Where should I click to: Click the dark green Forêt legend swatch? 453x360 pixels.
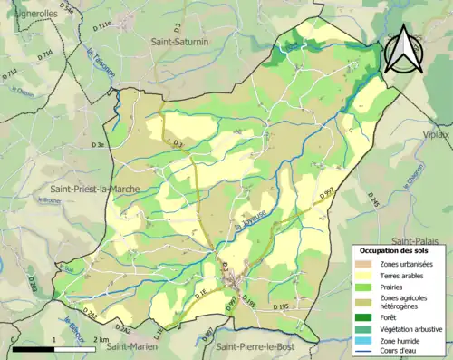pyautogui.click(x=366, y=317)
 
